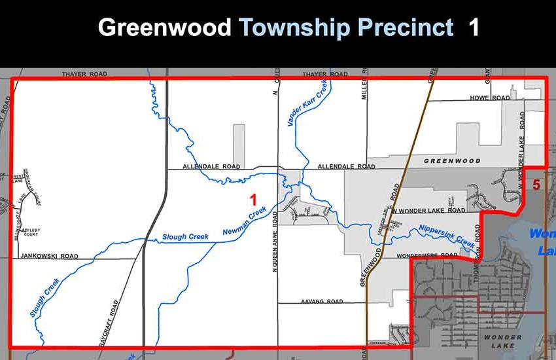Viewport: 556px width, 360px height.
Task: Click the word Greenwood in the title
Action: pyautogui.click(x=164, y=27)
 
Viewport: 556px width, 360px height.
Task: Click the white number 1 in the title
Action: pyautogui.click(x=473, y=27)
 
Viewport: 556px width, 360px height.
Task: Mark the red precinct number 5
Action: pyautogui.click(x=536, y=185)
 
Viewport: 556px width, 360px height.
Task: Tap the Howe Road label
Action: pyautogui.click(x=489, y=98)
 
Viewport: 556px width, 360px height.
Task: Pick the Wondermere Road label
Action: pyautogui.click(x=428, y=255)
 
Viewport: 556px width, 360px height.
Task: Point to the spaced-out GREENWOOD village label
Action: pyautogui.click(x=452, y=160)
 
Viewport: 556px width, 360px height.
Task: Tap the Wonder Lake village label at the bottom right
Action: pyautogui.click(x=503, y=341)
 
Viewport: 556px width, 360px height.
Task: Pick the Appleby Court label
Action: pyautogui.click(x=31, y=234)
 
